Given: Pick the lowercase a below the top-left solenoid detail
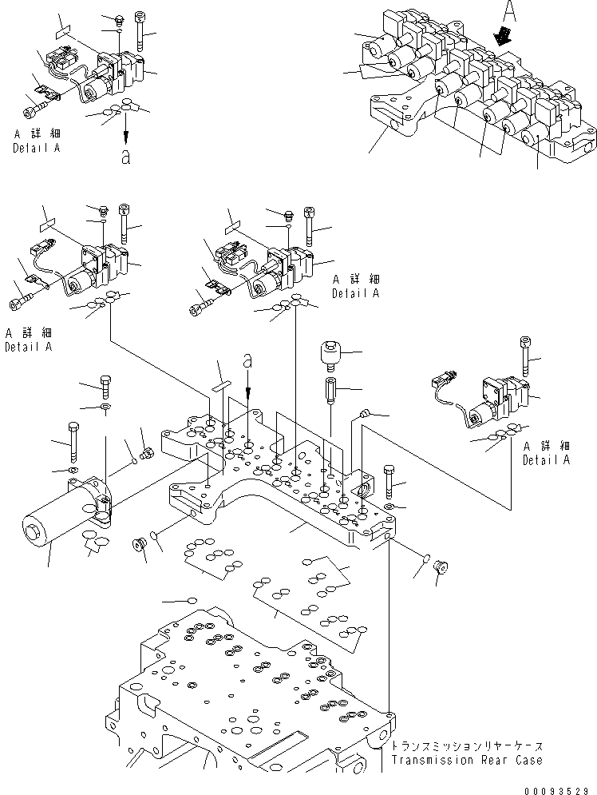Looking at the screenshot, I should [125, 156].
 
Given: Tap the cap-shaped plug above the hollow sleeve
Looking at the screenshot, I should [330, 352].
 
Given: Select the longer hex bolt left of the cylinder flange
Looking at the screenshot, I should [73, 439].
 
